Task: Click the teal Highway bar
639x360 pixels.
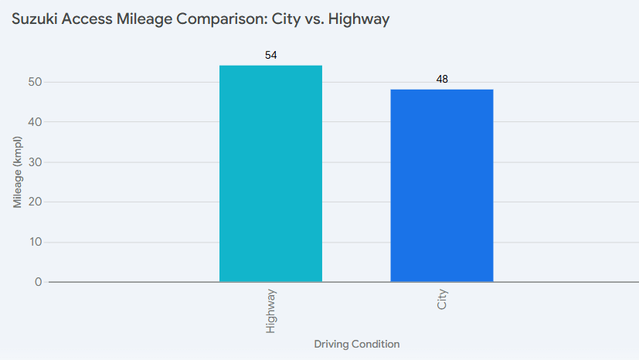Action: pos(270,174)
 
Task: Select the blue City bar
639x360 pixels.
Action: pos(441,185)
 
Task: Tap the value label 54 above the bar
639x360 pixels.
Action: pos(270,56)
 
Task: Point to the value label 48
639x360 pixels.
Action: pos(442,79)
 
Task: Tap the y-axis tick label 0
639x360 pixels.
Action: pos(38,283)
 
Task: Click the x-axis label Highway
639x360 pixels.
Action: pos(270,311)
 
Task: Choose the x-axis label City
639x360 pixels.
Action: pos(442,301)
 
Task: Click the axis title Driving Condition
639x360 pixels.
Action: pos(356,344)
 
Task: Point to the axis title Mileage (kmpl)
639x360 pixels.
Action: pos(17,173)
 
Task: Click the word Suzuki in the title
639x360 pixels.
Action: pos(33,19)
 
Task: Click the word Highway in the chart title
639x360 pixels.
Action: pos(359,19)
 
